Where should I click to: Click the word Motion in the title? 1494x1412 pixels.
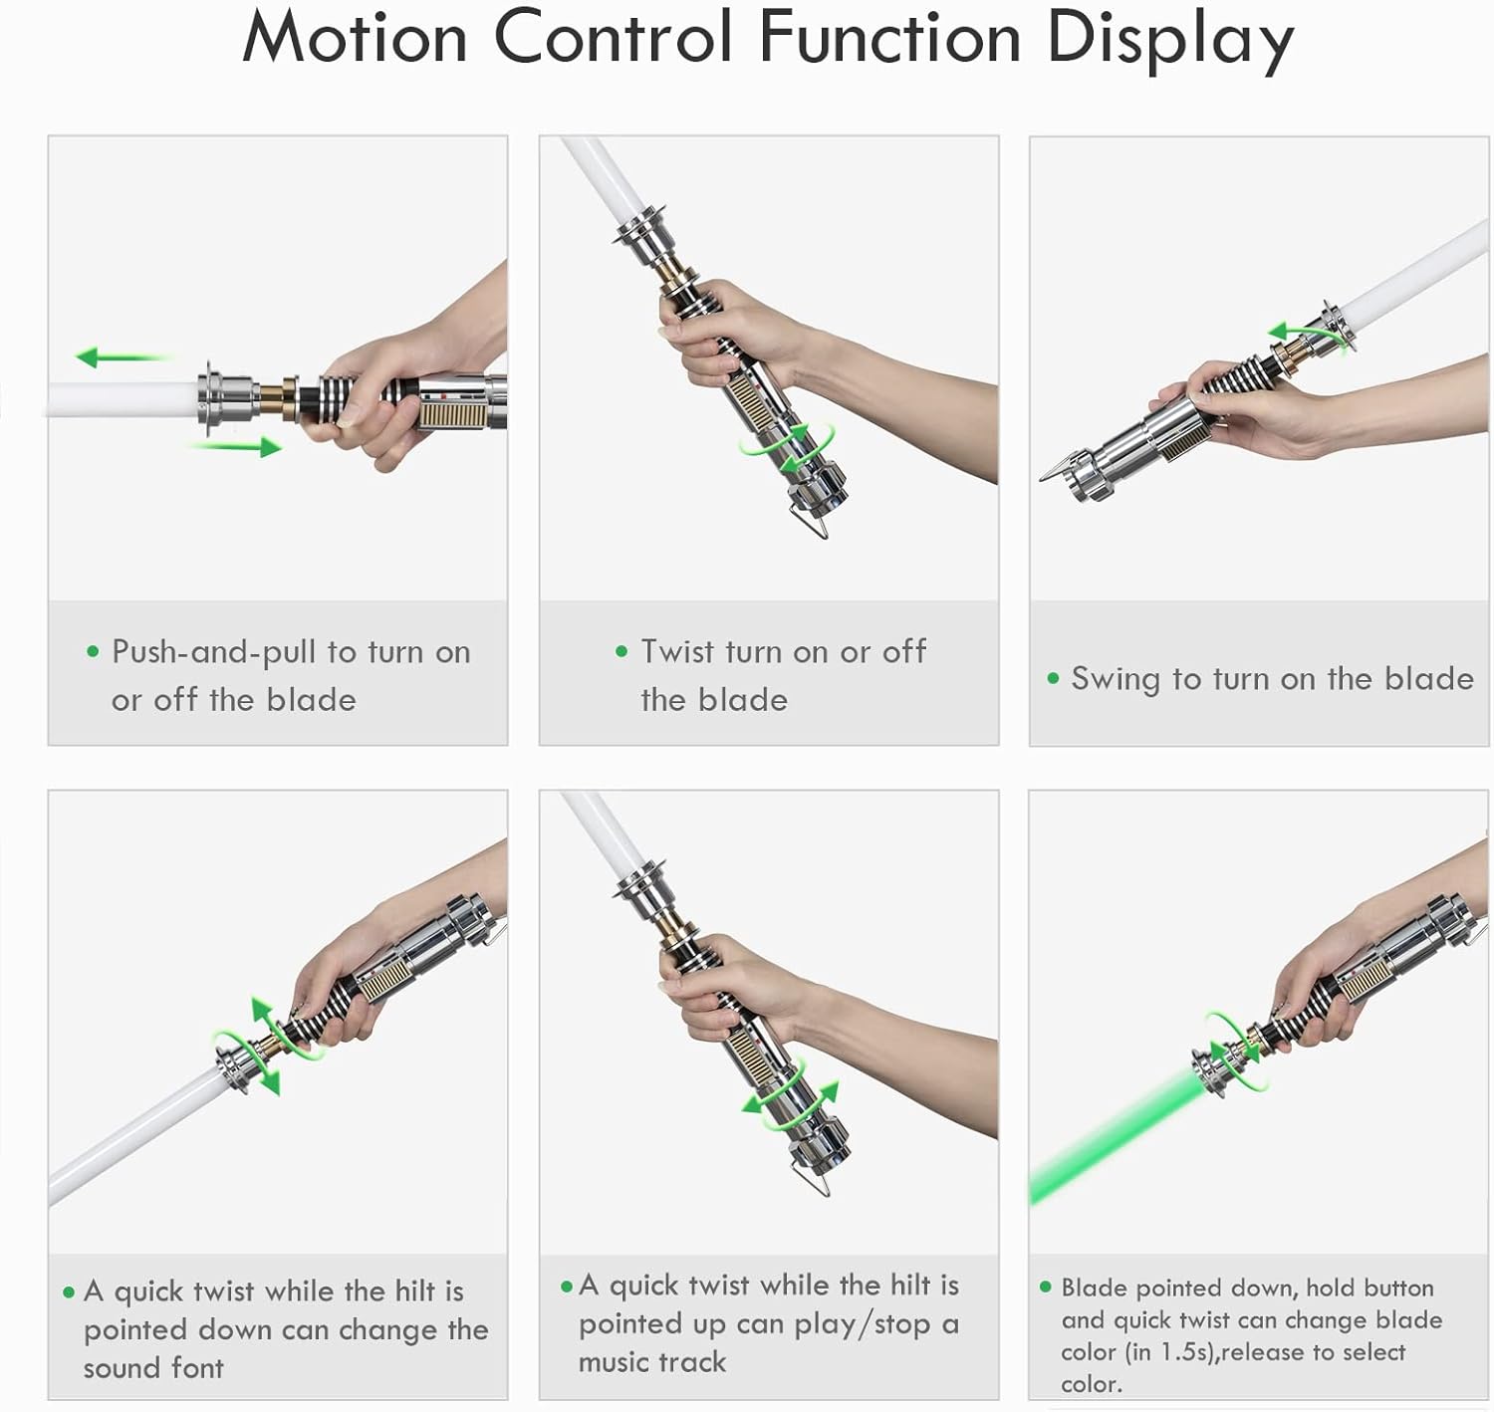point(355,38)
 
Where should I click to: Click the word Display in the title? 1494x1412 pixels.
point(1170,43)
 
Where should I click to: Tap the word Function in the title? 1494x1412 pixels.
point(889,37)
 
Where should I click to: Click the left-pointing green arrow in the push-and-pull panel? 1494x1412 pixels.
point(122,356)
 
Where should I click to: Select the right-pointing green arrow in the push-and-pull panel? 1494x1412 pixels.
point(236,447)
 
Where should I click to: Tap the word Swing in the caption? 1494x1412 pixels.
point(1115,679)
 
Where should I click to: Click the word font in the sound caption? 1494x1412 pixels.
point(197,1368)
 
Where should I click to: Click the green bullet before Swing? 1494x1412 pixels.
point(1053,678)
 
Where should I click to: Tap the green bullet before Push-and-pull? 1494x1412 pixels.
point(93,651)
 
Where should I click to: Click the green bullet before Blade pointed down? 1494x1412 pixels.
point(1045,1287)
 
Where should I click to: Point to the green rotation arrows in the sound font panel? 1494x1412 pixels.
point(266,1045)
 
